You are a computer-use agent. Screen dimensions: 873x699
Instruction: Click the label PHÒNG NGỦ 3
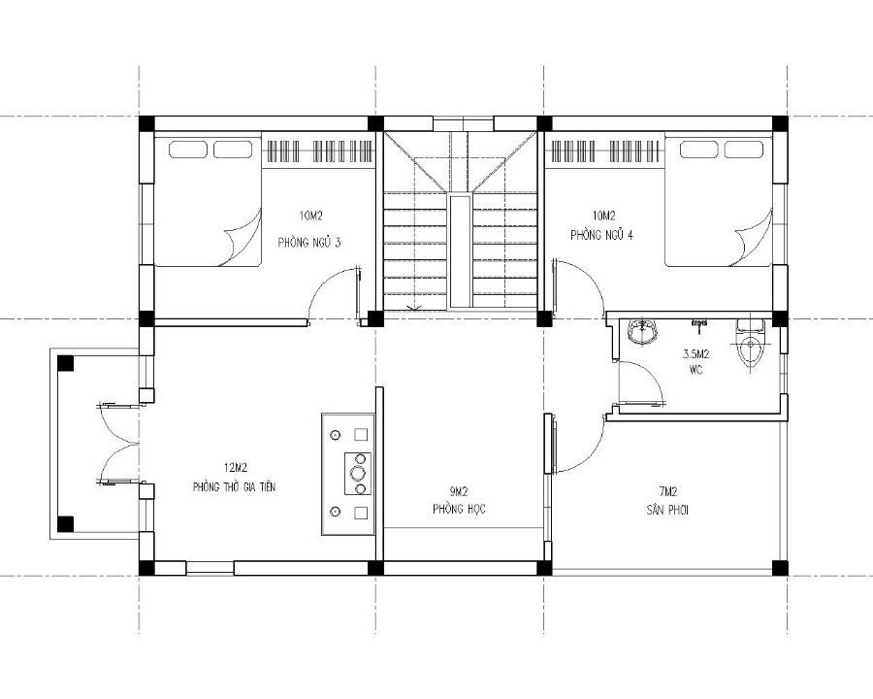click(309, 243)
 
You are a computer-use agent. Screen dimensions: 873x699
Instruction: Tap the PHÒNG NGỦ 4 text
click(601, 235)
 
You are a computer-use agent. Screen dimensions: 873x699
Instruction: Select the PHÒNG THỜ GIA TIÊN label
click(234, 486)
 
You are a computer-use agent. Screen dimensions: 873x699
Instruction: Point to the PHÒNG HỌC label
click(459, 509)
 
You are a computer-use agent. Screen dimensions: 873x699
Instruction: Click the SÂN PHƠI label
click(667, 510)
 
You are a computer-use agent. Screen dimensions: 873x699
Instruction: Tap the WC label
click(695, 369)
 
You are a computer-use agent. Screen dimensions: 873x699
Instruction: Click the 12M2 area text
click(235, 466)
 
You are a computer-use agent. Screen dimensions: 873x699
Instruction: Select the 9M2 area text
click(459, 491)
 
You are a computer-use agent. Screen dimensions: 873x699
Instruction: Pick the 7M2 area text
click(667, 491)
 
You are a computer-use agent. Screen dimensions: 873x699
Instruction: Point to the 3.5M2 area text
click(695, 353)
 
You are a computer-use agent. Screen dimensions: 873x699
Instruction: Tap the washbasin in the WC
click(642, 331)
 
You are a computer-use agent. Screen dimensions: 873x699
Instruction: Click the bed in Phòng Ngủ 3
click(209, 201)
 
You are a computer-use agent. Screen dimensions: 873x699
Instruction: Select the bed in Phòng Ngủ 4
click(719, 201)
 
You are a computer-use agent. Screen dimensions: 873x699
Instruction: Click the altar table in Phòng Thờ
click(348, 474)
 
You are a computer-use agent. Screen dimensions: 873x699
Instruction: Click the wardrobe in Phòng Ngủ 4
click(605, 150)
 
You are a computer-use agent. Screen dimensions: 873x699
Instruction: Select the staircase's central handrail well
click(460, 250)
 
